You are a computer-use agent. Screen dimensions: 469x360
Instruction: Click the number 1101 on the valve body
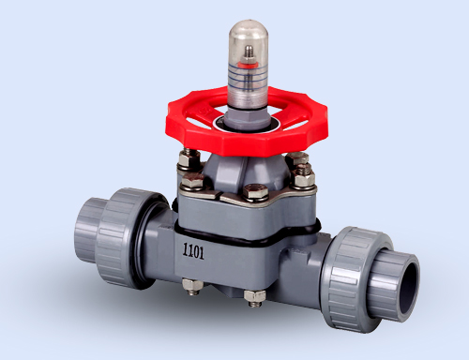click(194, 251)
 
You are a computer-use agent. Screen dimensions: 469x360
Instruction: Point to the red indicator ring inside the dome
click(248, 67)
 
